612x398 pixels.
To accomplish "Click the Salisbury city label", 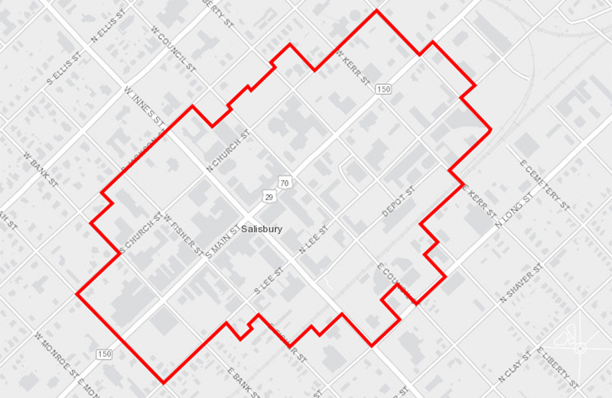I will click(x=262, y=228).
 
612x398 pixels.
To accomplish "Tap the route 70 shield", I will click(x=285, y=183).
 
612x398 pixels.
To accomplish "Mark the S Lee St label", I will click(x=269, y=282).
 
